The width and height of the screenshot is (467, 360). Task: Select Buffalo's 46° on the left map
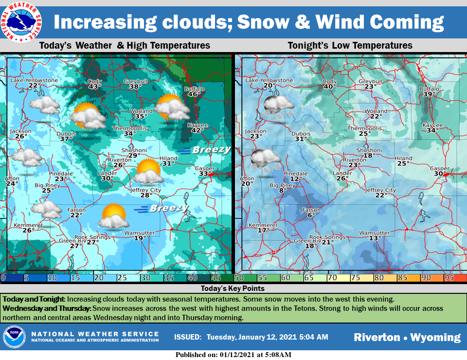point(194,94)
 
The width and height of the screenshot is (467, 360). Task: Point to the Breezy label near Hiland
point(210,150)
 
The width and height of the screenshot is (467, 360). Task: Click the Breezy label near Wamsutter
point(168,208)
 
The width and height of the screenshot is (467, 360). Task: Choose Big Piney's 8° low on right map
point(283,190)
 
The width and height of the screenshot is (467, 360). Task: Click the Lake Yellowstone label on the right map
point(269,80)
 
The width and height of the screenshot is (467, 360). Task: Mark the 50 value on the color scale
point(239,278)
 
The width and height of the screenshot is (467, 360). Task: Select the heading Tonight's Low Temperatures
point(350,45)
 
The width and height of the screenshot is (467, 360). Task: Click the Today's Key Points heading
point(233,288)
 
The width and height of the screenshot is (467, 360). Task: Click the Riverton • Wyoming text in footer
point(407,337)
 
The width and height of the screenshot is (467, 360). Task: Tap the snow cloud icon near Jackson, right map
point(265,160)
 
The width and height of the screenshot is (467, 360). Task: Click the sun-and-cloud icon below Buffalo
point(172,107)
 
